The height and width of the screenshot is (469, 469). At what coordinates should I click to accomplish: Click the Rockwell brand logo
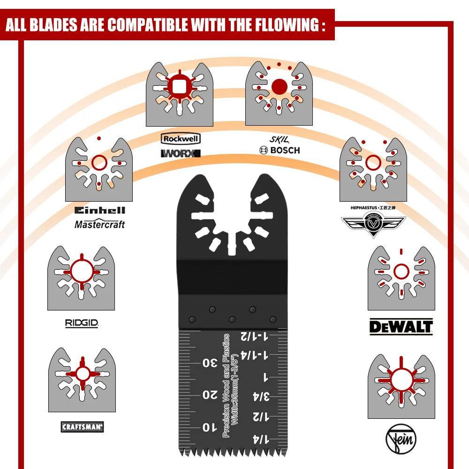coord(181,139)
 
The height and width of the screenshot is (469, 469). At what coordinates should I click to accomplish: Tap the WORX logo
coord(181,153)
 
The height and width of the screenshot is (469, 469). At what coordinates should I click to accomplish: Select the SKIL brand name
coord(279,139)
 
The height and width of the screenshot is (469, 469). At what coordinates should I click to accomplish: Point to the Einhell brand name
coord(99,211)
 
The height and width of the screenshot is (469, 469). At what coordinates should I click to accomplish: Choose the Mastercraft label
coord(99,224)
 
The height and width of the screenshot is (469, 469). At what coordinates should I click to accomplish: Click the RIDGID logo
coord(82,323)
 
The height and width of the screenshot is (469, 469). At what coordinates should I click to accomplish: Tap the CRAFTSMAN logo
coord(83,426)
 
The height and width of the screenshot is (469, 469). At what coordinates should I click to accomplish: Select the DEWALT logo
coord(401,326)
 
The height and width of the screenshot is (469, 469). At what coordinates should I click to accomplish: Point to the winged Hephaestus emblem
coord(373,224)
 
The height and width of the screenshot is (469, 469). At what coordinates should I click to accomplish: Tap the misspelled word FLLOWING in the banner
coord(286,24)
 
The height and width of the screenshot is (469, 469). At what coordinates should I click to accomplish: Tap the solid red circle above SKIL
coord(279,86)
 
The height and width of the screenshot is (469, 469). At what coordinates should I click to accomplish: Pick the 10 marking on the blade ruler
coord(209,427)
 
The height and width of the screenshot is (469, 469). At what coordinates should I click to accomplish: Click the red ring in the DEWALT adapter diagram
coord(401,271)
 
